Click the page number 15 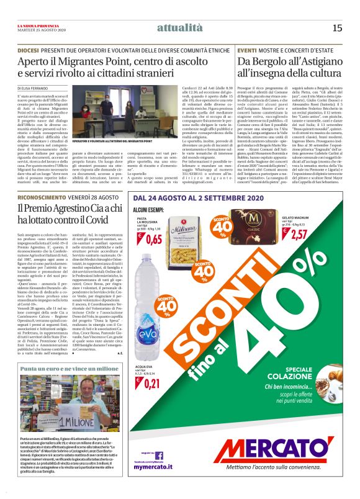(337, 27)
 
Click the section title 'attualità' (179, 27)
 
